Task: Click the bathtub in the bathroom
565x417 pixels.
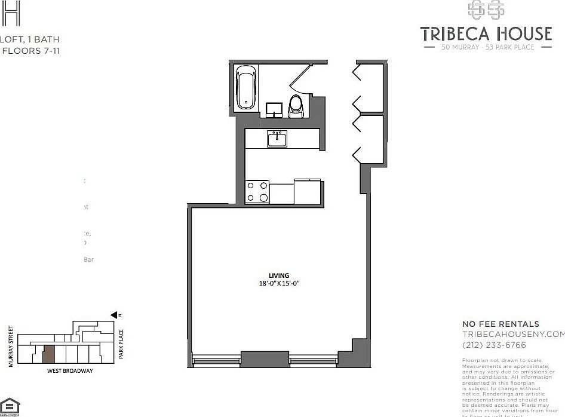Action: click(247, 88)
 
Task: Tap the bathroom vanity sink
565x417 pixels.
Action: click(274, 109)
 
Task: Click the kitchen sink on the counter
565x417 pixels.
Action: click(277, 139)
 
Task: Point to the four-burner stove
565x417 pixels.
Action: click(257, 192)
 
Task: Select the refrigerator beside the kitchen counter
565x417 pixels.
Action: click(308, 191)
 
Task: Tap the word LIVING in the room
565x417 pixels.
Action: click(275, 275)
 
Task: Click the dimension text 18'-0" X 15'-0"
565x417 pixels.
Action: click(275, 284)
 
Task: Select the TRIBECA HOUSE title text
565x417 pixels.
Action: click(486, 33)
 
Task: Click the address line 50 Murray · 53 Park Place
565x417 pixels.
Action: click(487, 47)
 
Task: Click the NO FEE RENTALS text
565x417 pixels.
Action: click(500, 324)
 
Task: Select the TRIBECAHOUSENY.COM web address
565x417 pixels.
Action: click(512, 334)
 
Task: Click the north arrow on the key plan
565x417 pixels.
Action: click(114, 314)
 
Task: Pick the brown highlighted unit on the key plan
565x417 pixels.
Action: click(49, 354)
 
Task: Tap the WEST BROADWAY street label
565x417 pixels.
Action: click(70, 370)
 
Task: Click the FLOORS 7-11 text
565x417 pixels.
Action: click(31, 51)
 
